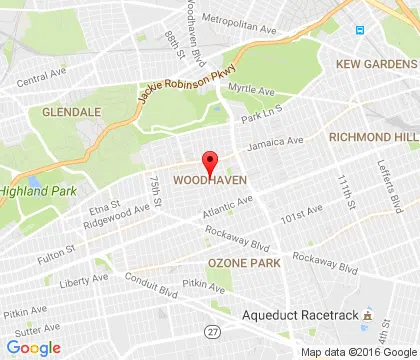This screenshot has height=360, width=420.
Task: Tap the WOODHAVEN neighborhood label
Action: click(x=210, y=181)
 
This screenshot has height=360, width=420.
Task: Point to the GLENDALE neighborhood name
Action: click(x=72, y=112)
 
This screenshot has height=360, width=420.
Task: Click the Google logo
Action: click(x=33, y=347)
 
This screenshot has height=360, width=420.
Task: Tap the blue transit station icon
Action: click(x=358, y=29)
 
